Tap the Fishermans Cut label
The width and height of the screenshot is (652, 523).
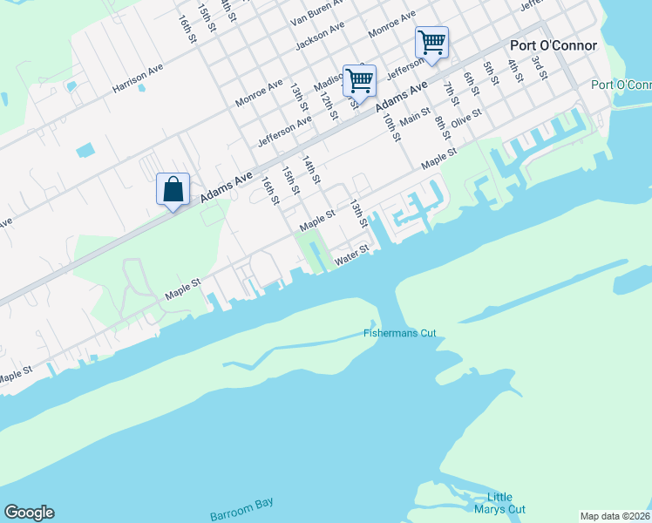tap(400, 333)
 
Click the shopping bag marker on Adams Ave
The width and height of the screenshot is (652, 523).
tap(173, 189)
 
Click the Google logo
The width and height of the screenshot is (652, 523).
tap(30, 513)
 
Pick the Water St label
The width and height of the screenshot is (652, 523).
tap(353, 254)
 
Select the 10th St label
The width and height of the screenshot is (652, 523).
tap(391, 126)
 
